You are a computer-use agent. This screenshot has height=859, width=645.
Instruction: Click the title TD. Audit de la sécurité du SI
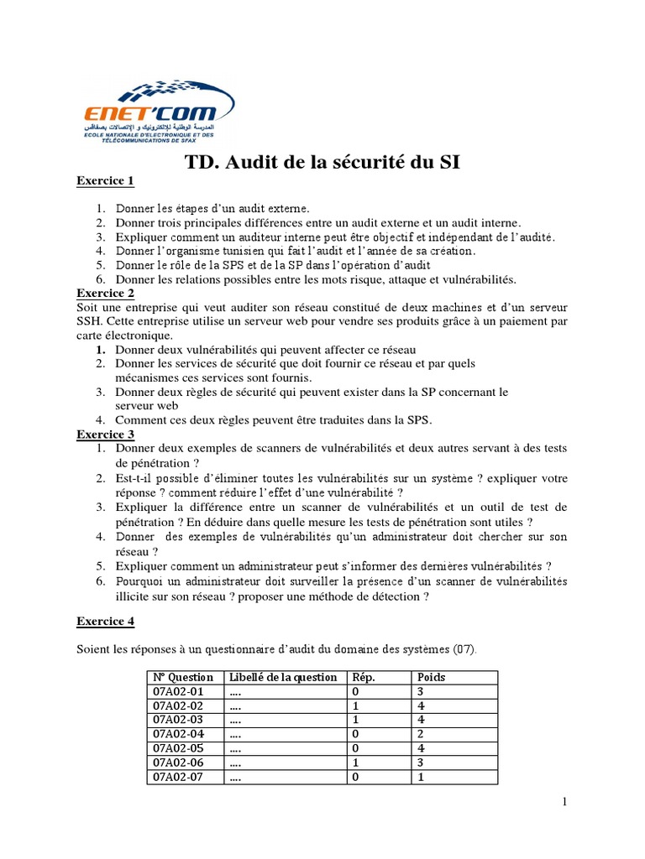[322, 162]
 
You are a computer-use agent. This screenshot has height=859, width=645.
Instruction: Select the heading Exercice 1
[105, 181]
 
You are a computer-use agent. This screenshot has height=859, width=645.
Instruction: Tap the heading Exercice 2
[105, 293]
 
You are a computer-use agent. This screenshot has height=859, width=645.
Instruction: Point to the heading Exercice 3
[105, 434]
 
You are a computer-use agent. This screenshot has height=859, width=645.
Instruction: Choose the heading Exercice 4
[105, 622]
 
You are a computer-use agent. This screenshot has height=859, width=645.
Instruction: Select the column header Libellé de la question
[282, 677]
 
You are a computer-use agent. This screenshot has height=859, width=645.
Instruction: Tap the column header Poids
[431, 677]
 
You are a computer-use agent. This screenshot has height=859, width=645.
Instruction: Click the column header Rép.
[364, 677]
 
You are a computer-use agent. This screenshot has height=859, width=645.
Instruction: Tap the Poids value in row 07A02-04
[420, 734]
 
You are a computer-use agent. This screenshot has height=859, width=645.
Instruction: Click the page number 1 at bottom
[565, 803]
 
